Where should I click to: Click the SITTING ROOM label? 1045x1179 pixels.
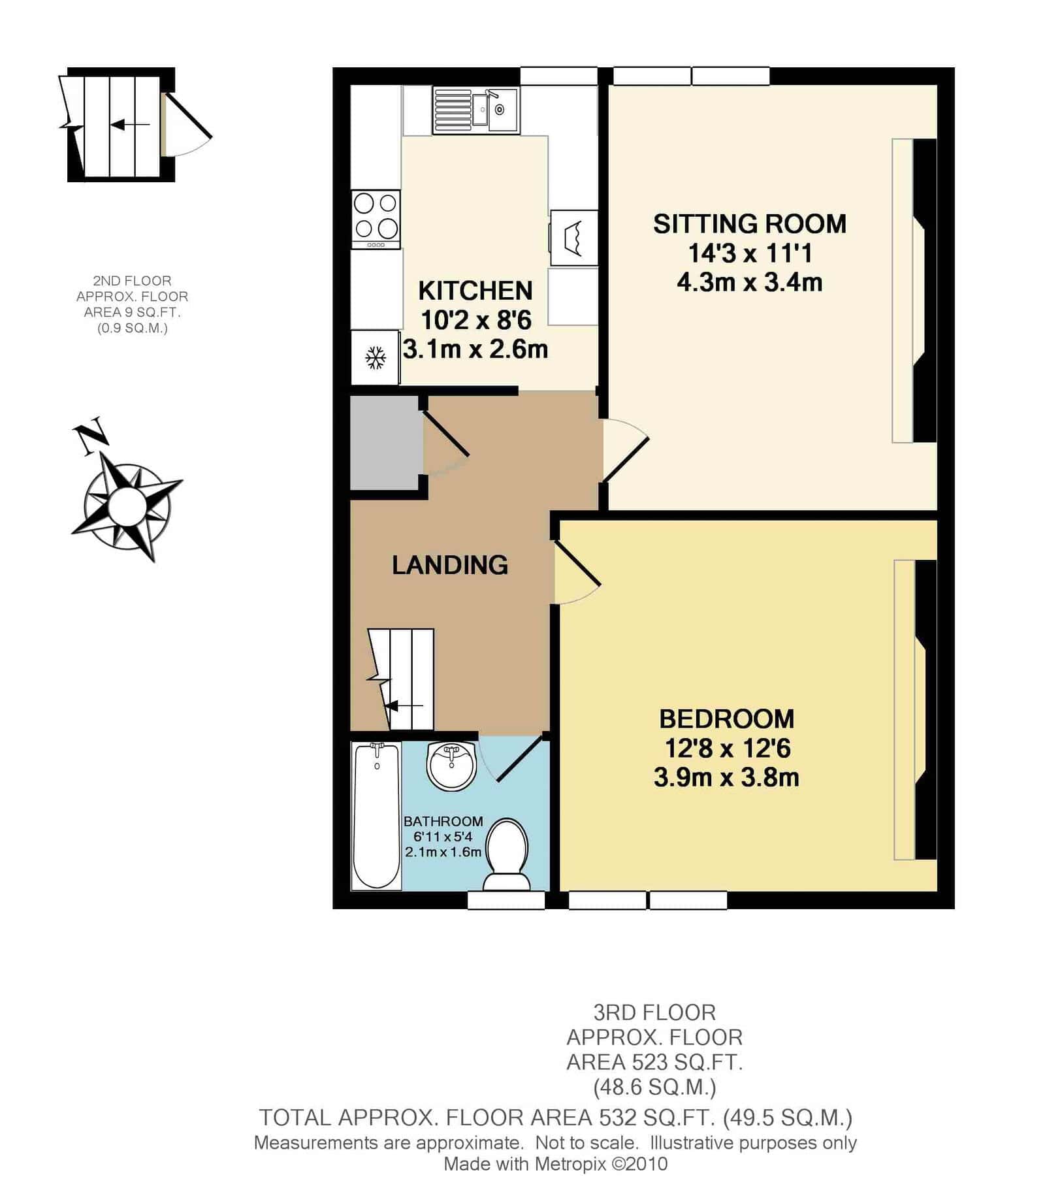tap(750, 224)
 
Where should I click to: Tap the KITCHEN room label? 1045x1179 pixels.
tap(475, 291)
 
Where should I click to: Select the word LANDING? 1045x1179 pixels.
tap(450, 565)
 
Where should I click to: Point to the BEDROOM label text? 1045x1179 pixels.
tap(726, 719)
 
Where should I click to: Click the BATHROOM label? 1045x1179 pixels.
tap(443, 822)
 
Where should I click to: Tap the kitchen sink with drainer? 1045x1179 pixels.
tap(475, 110)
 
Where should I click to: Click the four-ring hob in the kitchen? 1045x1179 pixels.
tap(376, 219)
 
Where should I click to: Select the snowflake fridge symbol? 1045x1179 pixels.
tap(376, 358)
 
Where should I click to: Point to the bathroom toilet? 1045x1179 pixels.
tap(507, 856)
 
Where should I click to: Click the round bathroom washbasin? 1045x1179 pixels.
tap(451, 766)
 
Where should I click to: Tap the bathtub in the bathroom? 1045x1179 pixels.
tap(376, 816)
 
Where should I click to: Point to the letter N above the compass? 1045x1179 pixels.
tap(90, 434)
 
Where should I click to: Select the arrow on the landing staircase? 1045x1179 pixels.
tap(404, 706)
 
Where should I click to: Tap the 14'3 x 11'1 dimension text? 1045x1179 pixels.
tap(750, 253)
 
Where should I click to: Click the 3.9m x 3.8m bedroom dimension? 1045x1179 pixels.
tap(726, 777)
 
